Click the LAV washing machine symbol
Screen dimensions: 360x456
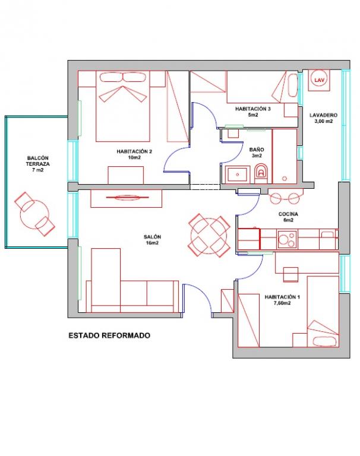pos(319,80)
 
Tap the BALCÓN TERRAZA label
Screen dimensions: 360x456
pos(38,164)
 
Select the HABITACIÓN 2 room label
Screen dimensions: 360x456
pos(134,154)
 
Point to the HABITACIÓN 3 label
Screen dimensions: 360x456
pos(253,112)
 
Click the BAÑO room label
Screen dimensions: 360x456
pos(257,153)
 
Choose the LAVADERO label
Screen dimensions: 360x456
pos(323,118)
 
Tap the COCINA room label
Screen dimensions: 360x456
pos(288,217)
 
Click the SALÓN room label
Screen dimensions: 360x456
pos(152,240)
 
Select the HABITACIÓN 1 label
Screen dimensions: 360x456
pos(282,300)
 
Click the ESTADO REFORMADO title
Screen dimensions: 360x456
pos(109,335)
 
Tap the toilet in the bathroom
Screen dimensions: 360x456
pos(261,174)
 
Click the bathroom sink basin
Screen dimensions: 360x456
pos(238,175)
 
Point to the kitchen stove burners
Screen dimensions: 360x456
pos(287,239)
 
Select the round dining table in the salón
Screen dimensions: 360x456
pos(209,235)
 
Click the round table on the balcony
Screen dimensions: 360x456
pos(34,214)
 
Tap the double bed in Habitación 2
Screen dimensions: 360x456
pos(123,106)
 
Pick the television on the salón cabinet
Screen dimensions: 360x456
pos(128,198)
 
